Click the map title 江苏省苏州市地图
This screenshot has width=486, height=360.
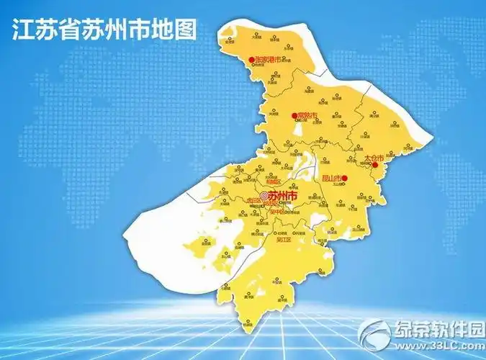[x=105, y=31]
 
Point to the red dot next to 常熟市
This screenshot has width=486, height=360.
[x=294, y=115]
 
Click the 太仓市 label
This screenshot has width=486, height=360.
[x=374, y=156]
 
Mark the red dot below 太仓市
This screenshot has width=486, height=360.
[x=374, y=165]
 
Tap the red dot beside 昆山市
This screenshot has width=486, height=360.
[x=345, y=178]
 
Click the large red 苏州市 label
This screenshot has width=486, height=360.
[x=282, y=195]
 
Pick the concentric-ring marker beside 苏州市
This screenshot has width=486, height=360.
[x=264, y=195]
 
